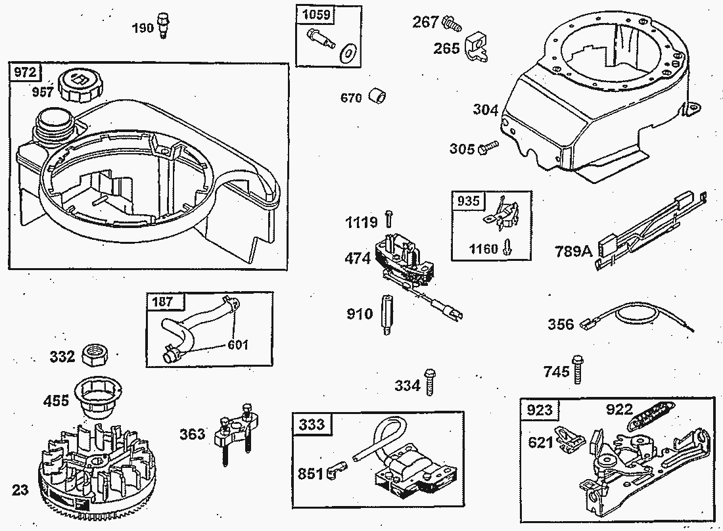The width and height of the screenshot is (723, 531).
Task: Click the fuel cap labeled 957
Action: [81, 84]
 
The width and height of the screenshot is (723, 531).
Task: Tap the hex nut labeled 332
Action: [95, 355]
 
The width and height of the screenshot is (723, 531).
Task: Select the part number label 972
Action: [25, 72]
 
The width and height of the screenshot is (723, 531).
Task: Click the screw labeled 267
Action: [452, 23]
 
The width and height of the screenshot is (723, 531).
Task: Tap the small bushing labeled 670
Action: [378, 97]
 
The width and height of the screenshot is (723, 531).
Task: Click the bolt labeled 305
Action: [488, 147]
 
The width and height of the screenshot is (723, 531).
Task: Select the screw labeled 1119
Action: [388, 218]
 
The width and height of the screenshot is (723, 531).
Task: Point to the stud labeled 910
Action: [386, 315]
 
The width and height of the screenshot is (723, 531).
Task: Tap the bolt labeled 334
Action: [430, 382]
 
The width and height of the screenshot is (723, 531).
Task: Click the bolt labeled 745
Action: [577, 369]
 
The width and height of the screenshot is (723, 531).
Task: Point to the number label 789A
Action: [573, 251]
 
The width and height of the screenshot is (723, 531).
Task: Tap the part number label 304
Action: [486, 110]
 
